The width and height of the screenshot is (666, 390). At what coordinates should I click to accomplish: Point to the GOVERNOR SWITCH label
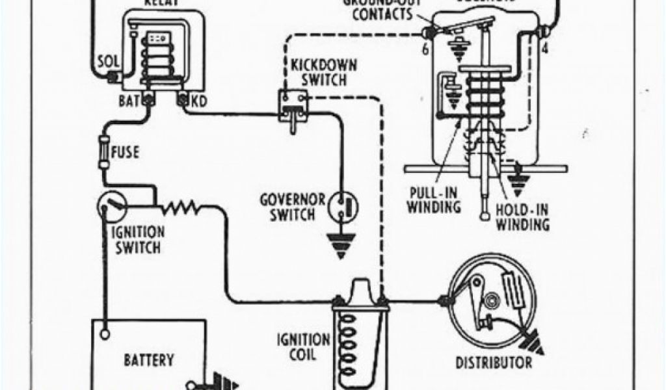[x=289, y=207]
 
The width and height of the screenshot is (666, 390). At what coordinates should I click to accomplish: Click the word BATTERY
[x=150, y=359]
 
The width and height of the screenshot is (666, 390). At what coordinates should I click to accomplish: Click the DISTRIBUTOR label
[x=494, y=363]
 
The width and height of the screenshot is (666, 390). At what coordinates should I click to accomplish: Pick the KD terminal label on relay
[x=199, y=101]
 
